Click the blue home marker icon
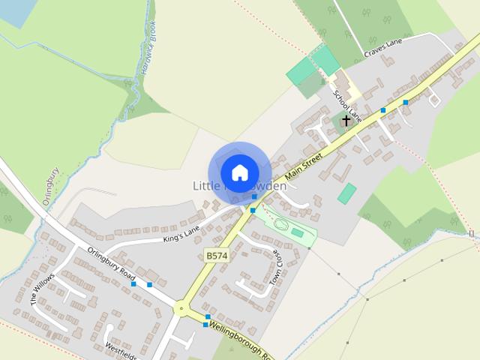click(239, 172)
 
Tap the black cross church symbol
click(346, 120)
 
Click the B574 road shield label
click(216, 256)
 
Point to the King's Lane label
click(183, 233)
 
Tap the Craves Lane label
click(384, 49)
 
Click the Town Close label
click(274, 266)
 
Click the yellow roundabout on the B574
click(180, 307)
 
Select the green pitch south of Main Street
click(346, 193)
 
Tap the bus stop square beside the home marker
click(255, 196)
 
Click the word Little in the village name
click(205, 186)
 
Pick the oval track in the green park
click(283, 224)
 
